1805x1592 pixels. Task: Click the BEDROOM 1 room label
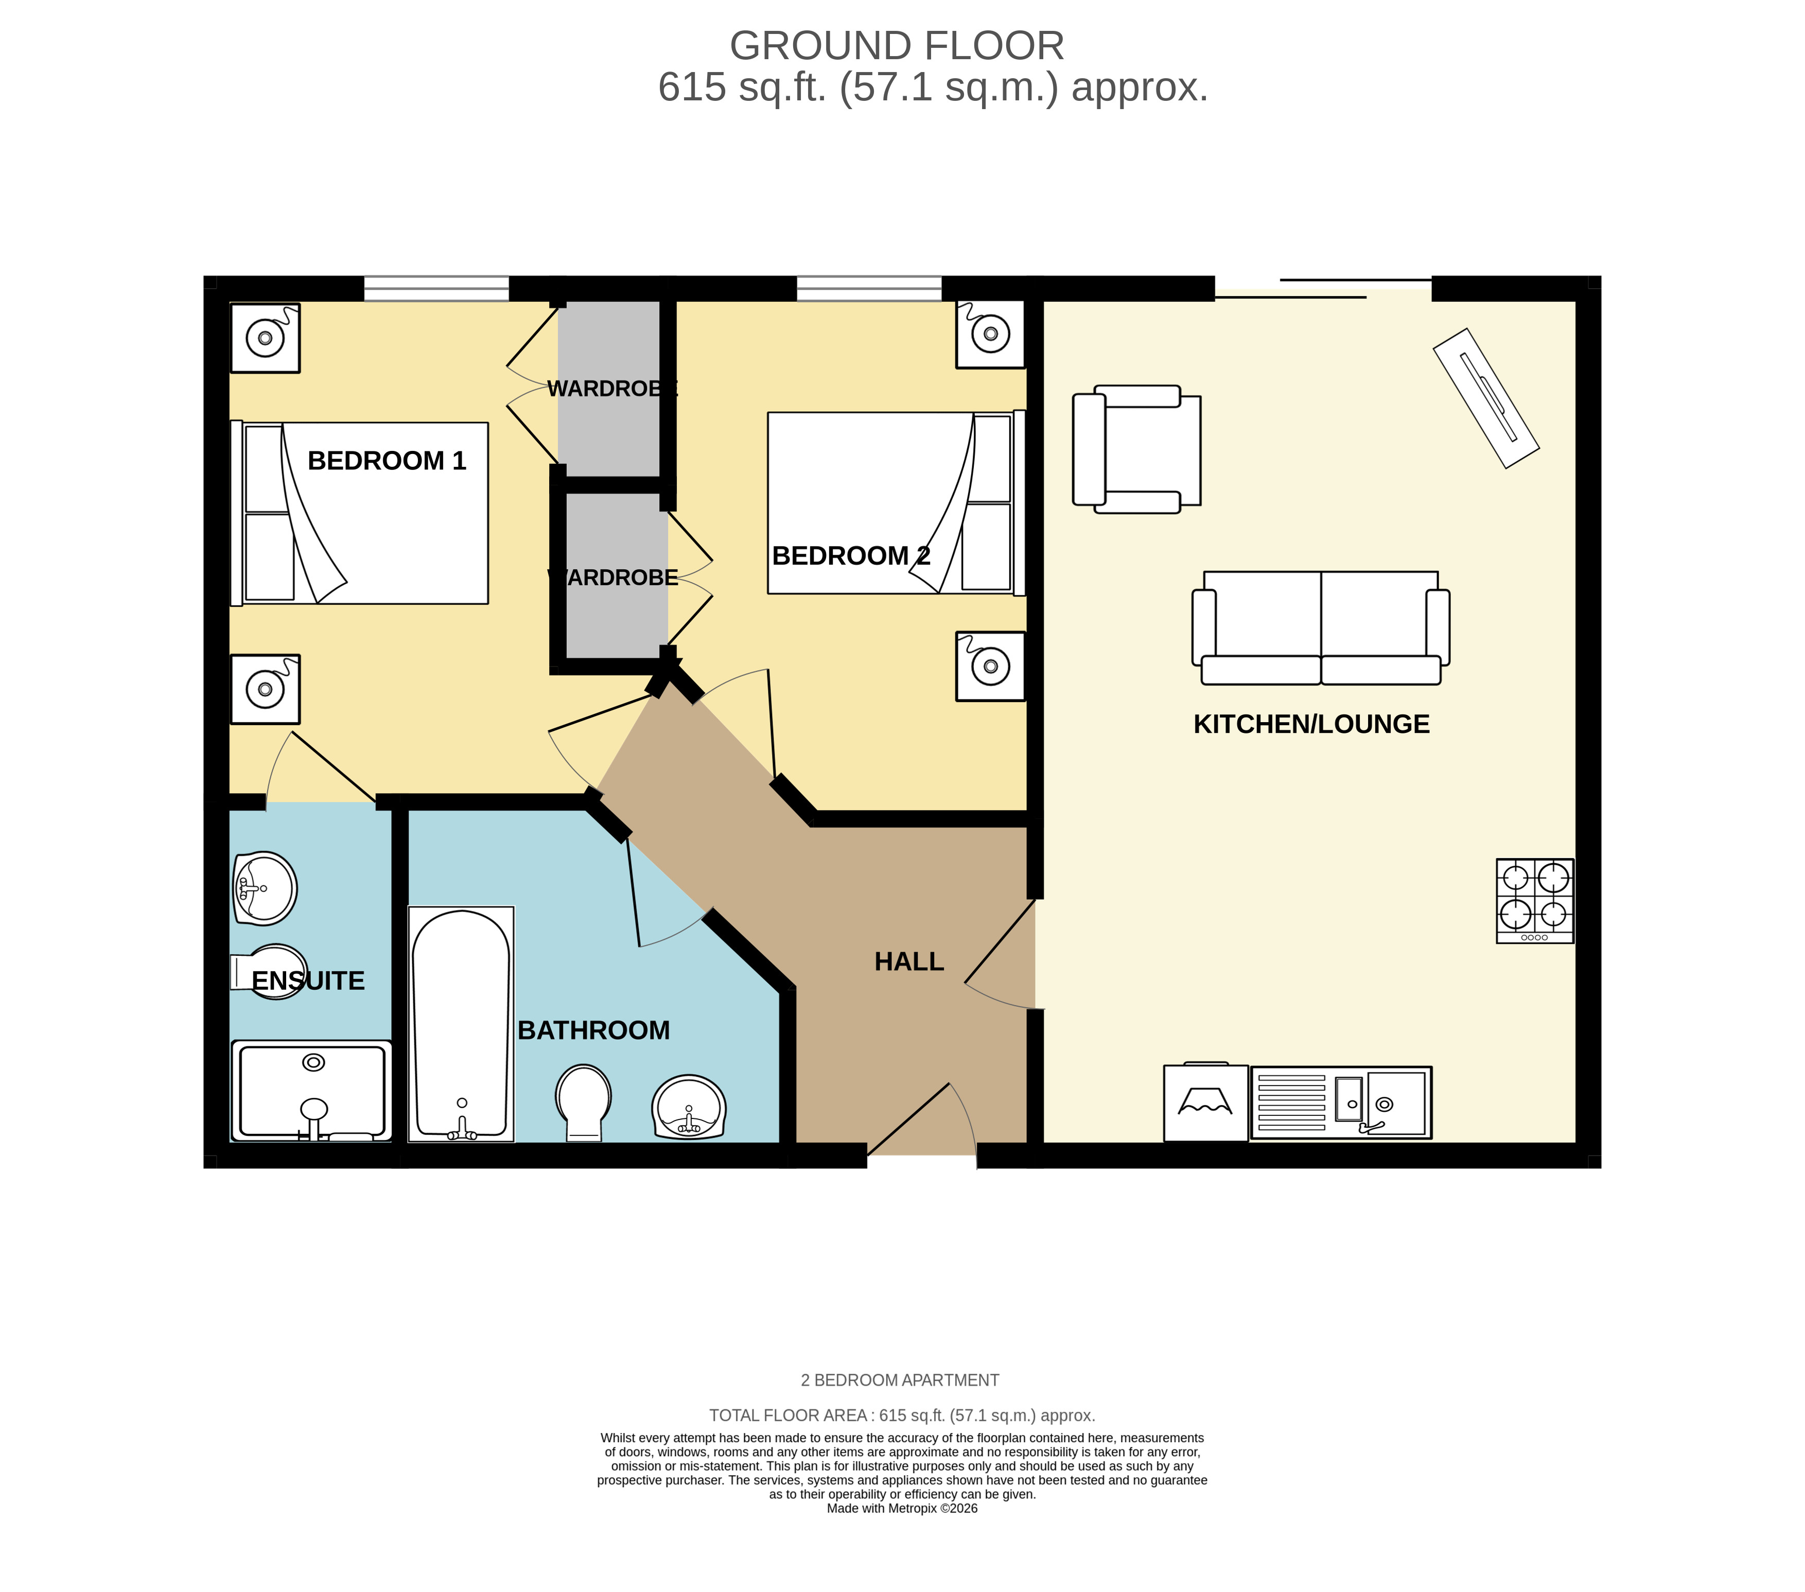click(387, 461)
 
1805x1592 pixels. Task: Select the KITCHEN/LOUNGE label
click(1311, 724)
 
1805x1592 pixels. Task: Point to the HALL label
click(909, 961)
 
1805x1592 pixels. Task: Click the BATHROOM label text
click(593, 1030)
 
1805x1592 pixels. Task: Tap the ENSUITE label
click(308, 981)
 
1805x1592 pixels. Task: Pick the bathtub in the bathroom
click(461, 1024)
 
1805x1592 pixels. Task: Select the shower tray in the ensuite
click(312, 1091)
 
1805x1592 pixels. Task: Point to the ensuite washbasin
click(265, 888)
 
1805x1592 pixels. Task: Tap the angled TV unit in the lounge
click(1486, 398)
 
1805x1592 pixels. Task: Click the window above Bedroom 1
click(437, 289)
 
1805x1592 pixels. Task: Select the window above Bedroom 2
click(870, 289)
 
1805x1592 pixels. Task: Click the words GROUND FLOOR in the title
click(897, 46)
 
